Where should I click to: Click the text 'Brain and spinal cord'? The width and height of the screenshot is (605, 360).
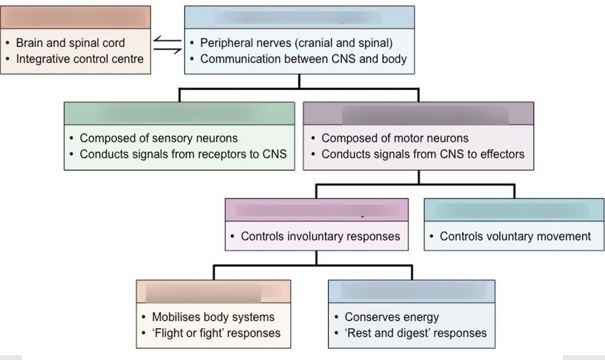(x=70, y=43)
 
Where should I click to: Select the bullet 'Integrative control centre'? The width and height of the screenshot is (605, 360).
(x=79, y=59)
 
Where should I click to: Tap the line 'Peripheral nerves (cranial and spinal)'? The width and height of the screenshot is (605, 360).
(x=296, y=43)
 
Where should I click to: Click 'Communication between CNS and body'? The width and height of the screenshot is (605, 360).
(x=303, y=59)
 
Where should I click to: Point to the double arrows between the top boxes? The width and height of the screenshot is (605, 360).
(x=167, y=46)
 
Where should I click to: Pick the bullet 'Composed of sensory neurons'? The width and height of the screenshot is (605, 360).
(x=158, y=138)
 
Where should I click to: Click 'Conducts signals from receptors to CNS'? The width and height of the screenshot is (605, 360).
(x=183, y=154)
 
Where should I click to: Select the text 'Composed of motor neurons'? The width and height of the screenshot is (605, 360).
(x=395, y=138)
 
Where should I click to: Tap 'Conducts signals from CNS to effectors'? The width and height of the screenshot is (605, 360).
(x=422, y=154)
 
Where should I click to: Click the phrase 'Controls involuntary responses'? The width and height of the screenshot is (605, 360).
(x=320, y=236)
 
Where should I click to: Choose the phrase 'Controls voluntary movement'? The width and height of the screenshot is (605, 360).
(x=515, y=236)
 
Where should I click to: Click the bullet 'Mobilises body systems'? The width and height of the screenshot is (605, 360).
(x=213, y=317)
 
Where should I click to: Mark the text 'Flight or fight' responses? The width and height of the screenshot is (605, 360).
(x=216, y=333)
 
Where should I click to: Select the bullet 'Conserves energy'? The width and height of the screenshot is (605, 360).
(x=392, y=317)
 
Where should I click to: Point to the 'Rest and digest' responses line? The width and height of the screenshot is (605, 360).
(x=416, y=333)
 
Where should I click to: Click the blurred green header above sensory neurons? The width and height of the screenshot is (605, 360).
(x=179, y=113)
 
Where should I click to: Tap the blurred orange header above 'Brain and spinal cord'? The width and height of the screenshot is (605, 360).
(x=76, y=17)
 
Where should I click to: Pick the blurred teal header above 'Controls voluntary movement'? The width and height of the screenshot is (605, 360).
(x=514, y=210)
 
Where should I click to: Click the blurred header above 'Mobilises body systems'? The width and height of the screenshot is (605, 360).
(x=213, y=291)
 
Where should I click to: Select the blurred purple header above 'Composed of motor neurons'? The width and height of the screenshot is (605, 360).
(x=418, y=114)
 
